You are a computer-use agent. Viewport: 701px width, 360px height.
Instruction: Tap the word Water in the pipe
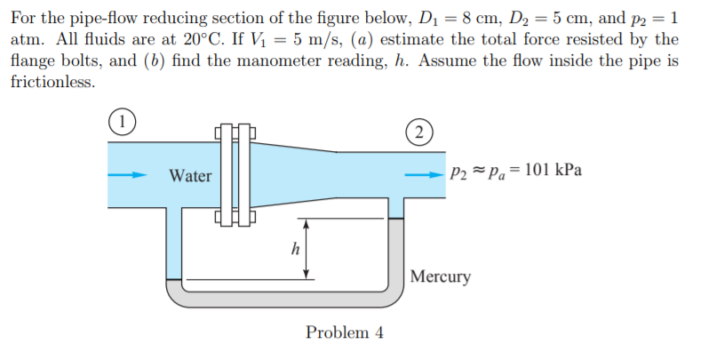pyautogui.click(x=190, y=176)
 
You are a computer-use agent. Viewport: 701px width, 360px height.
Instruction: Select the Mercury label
pyautogui.click(x=442, y=276)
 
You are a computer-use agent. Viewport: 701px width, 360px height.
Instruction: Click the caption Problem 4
pyautogui.click(x=345, y=332)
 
